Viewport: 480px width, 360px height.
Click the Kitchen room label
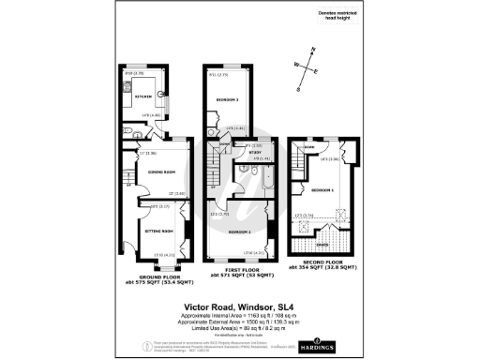click(142, 95)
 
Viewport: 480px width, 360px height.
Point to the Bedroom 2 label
click(227, 98)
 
